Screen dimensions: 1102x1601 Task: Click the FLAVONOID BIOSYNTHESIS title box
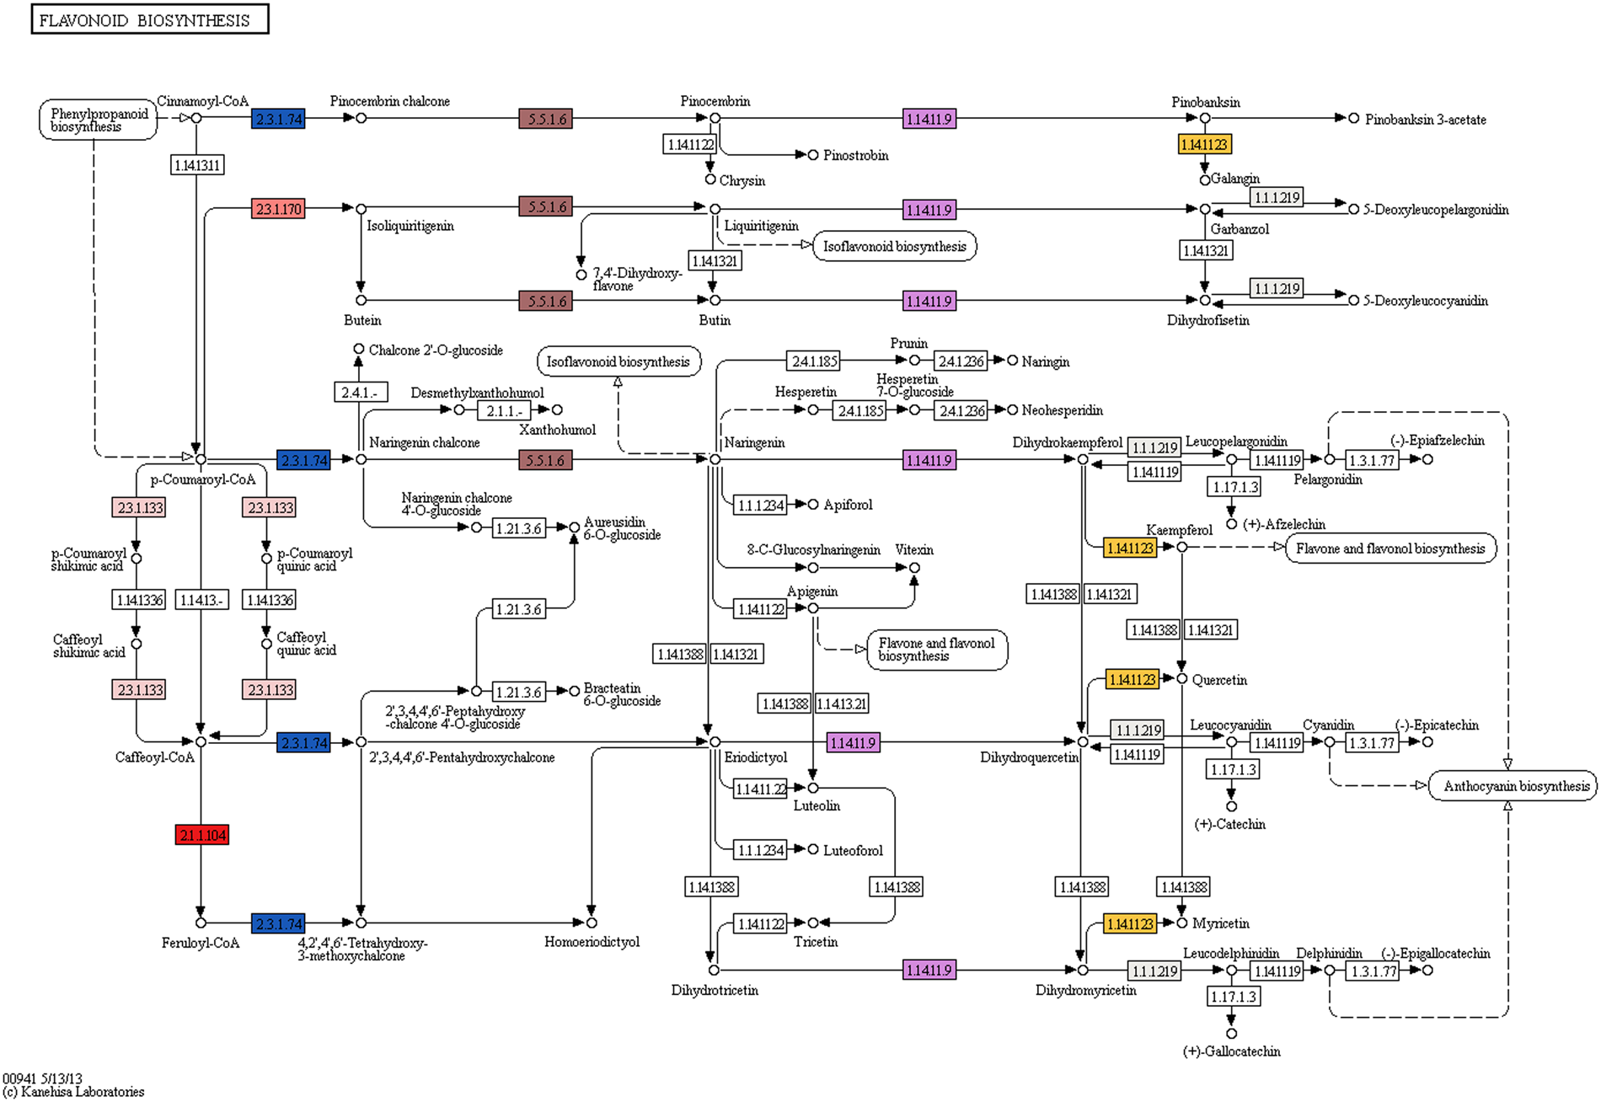[x=149, y=19]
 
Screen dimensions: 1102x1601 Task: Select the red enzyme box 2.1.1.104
[x=202, y=835]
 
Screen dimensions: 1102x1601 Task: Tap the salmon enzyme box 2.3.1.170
[x=278, y=209]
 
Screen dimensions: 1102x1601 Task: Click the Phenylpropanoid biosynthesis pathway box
[x=98, y=120]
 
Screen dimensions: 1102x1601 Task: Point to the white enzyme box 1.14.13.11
[x=197, y=165]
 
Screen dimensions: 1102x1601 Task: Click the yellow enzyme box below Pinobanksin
[x=1204, y=145]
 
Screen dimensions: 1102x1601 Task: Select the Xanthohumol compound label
[x=557, y=430]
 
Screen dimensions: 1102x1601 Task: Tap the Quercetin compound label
[x=1219, y=680]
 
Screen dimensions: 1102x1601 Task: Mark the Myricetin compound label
[x=1220, y=924]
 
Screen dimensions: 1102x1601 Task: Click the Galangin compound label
[x=1235, y=179]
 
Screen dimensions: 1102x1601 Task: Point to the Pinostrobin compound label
[x=855, y=155]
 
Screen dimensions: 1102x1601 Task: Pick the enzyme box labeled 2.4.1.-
[x=361, y=393]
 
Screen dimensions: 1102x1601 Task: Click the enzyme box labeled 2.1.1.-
[x=504, y=411]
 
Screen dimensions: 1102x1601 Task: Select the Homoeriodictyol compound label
[x=592, y=942]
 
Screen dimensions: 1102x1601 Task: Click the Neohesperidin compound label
[x=1062, y=410]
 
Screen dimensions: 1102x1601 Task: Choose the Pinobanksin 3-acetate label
[x=1425, y=120]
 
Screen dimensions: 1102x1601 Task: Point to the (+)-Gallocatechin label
[x=1231, y=1051]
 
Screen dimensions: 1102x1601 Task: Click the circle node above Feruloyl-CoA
[x=201, y=923]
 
